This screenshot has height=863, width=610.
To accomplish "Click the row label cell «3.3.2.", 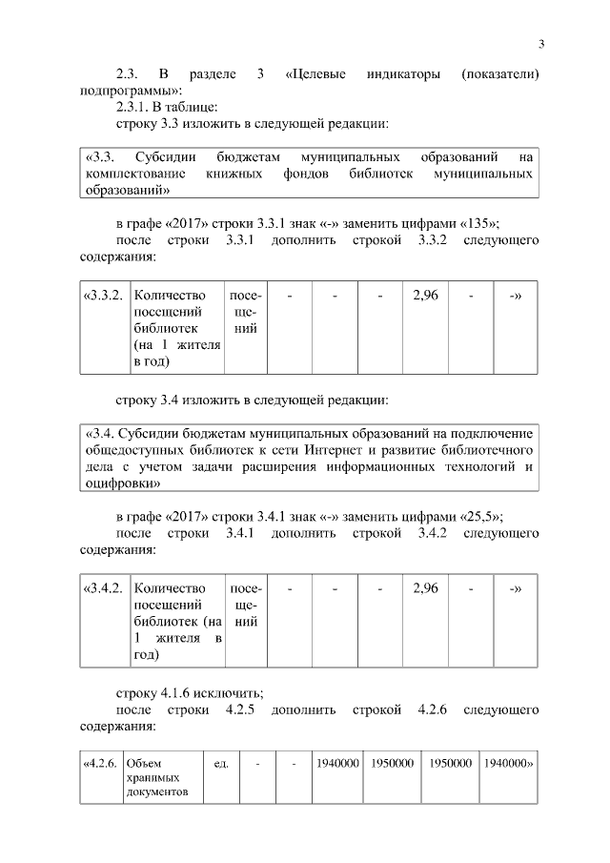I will [104, 296].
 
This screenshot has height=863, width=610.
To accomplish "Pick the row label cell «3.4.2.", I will [104, 588].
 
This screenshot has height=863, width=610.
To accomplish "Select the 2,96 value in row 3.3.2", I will [425, 296].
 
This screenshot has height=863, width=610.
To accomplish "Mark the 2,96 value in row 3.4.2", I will [425, 588].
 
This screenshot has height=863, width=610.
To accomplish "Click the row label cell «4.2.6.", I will [101, 763].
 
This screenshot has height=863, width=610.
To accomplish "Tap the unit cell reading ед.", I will [220, 763].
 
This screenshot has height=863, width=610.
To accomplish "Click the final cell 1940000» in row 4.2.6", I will [508, 763].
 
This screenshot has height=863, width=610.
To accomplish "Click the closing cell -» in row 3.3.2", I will [516, 296].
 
